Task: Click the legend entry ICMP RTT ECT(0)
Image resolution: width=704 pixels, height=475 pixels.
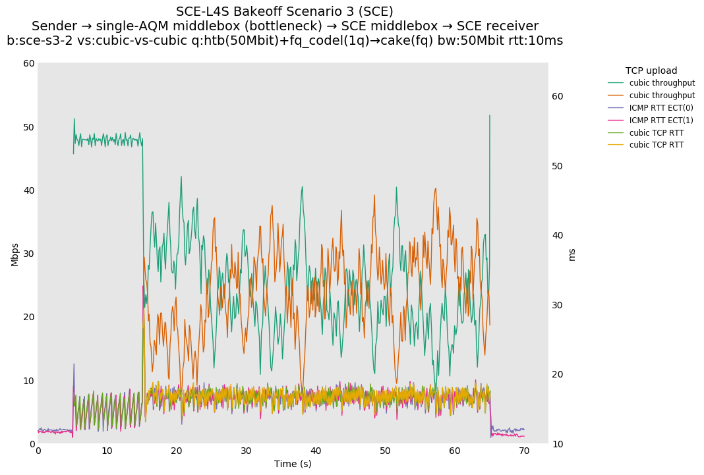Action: [661, 107]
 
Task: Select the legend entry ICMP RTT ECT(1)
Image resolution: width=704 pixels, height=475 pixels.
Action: [661, 120]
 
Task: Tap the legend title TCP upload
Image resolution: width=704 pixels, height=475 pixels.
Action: [651, 70]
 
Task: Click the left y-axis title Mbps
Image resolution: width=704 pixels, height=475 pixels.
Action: [15, 254]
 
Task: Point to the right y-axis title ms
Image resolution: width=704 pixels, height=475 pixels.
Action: [572, 254]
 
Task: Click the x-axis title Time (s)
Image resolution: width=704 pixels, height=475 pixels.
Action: [293, 464]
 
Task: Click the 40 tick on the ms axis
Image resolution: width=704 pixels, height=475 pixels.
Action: [558, 235]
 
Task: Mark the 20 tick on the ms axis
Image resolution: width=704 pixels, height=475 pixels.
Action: [558, 374]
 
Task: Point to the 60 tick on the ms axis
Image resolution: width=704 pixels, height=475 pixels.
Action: [558, 96]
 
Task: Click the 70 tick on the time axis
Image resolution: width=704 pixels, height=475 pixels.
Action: [524, 451]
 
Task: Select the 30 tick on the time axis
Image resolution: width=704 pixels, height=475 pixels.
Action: [246, 451]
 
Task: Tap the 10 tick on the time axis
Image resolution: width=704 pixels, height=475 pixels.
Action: [107, 451]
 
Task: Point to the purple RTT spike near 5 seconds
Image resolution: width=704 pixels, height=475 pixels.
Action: [74, 364]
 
